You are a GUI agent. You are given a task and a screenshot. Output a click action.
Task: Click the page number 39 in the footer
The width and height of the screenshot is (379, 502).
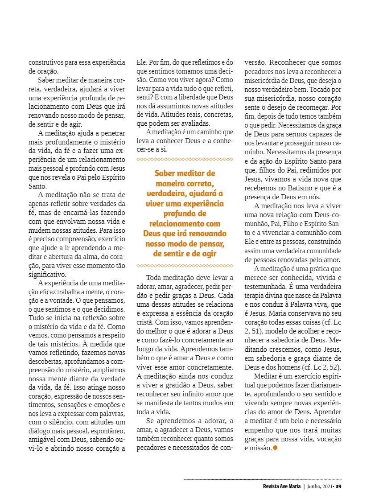click(338, 486)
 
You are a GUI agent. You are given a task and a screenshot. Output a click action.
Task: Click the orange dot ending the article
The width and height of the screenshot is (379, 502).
click(275, 448)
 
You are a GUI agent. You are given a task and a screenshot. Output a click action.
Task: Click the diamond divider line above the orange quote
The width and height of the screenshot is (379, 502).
click(185, 159)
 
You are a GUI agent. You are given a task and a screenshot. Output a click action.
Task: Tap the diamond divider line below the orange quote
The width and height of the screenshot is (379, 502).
click(185, 266)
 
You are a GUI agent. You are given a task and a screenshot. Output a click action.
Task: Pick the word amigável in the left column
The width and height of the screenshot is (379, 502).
click(43, 439)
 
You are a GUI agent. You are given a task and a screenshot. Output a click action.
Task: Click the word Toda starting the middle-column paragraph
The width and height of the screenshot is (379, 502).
click(154, 277)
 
